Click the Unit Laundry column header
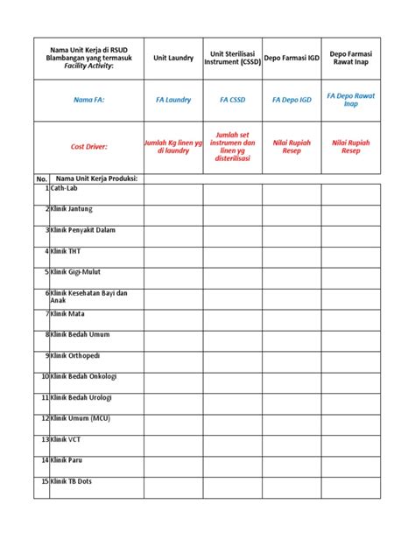(x=172, y=58)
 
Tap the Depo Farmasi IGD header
(x=292, y=58)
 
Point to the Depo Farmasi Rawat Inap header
(x=351, y=58)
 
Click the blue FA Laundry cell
(x=172, y=101)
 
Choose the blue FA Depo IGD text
(x=292, y=101)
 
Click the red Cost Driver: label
(x=88, y=147)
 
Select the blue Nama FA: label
(x=88, y=101)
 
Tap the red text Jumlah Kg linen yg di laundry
(x=172, y=147)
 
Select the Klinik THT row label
(x=66, y=251)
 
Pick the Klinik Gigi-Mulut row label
(x=75, y=272)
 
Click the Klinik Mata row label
(x=67, y=313)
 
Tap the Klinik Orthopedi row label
(x=76, y=355)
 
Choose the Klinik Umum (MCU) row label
(x=81, y=418)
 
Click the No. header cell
(x=41, y=178)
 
